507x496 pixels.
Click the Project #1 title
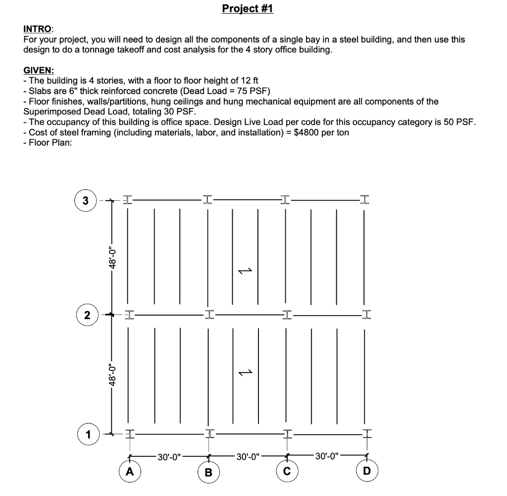248,9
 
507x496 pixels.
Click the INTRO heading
39,30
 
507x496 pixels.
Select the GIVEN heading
39,71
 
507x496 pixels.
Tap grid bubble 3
86,201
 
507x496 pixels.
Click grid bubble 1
88,435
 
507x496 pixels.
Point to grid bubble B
208,472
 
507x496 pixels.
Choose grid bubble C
287,468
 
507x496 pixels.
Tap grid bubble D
366,471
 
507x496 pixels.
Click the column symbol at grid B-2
208,314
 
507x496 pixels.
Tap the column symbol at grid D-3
365,200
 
